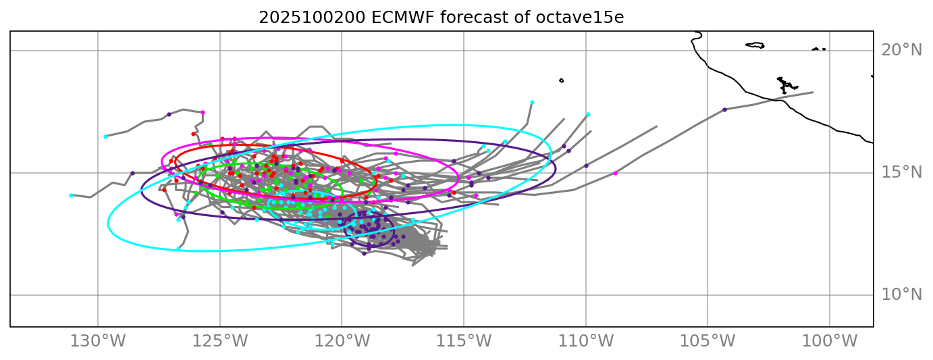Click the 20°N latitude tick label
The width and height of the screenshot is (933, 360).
point(901,51)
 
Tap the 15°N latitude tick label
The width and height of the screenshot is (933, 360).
point(901,173)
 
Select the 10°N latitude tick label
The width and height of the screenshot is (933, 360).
point(901,295)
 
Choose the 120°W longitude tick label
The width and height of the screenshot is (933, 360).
point(342,342)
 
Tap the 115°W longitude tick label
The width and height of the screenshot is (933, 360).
point(464,342)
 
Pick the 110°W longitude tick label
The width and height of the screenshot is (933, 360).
point(586,342)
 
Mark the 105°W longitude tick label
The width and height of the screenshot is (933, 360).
point(708,342)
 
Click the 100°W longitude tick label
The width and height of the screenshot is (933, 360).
point(830,342)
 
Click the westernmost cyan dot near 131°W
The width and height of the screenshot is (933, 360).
point(71,195)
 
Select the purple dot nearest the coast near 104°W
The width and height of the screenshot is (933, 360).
point(724,109)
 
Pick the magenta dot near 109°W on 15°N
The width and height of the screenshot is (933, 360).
point(615,173)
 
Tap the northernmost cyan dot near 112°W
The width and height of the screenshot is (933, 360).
point(532,103)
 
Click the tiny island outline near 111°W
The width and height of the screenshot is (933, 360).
point(561,81)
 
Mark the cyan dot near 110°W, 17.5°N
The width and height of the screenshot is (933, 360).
point(588,115)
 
